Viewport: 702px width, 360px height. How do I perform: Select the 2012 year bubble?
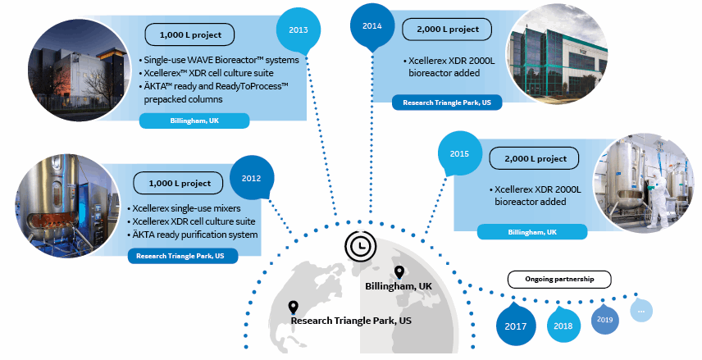(250, 177)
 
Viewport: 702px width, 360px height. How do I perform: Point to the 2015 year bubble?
(459, 153)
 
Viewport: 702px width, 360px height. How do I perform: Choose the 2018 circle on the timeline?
(563, 325)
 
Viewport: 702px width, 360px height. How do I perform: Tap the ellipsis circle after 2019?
(642, 311)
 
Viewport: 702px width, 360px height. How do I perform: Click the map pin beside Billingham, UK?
(399, 273)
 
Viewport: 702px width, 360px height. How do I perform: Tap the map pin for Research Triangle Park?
(293, 308)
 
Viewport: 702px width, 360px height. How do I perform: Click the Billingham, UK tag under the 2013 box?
(194, 121)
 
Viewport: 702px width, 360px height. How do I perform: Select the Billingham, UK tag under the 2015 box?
(532, 232)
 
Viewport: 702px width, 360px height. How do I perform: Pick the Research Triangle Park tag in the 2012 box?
(182, 256)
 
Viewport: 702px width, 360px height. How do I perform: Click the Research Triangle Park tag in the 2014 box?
(447, 103)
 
